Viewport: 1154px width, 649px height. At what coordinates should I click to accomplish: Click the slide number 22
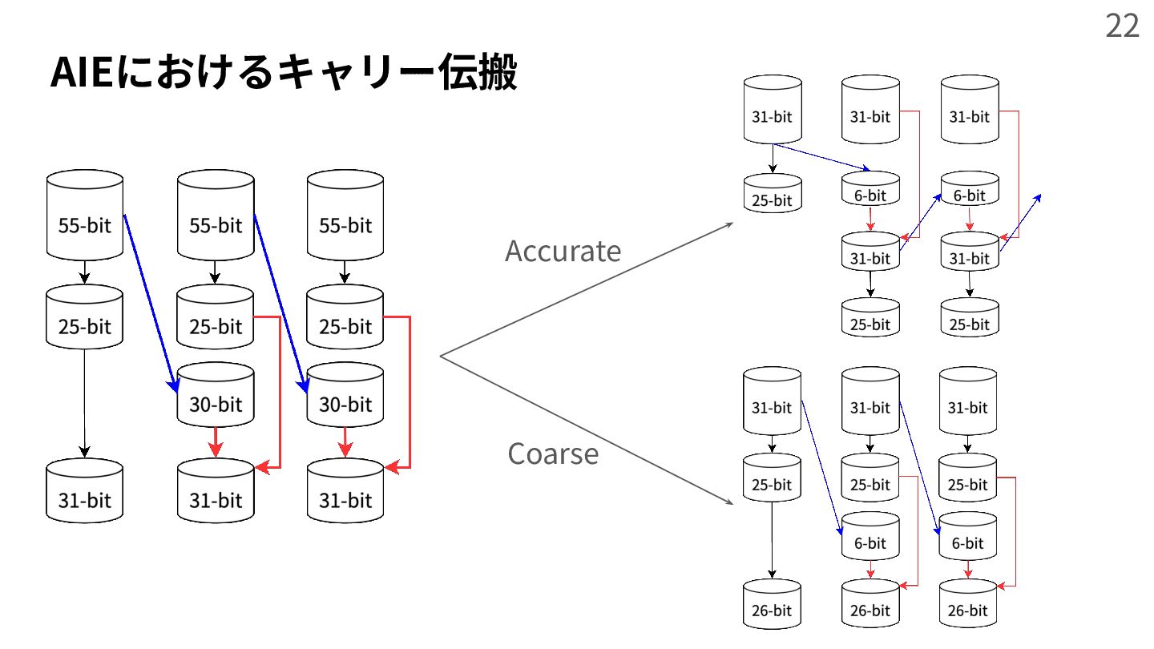pos(1122,26)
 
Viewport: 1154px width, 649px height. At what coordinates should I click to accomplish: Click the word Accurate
pos(563,252)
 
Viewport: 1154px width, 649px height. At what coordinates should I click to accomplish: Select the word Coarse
pos(553,454)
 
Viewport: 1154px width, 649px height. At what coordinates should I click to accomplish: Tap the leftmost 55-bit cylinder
pos(85,216)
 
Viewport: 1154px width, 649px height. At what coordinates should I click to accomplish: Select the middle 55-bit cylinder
pos(215,216)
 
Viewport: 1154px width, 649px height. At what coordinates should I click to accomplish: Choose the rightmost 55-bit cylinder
pos(345,216)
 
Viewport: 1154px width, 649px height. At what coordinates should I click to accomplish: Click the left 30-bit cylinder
pos(215,397)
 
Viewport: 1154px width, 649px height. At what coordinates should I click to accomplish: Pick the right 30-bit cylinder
pos(345,397)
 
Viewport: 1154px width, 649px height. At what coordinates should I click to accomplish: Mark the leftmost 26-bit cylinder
pos(772,605)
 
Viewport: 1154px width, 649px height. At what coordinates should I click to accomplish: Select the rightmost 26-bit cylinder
pos(967,605)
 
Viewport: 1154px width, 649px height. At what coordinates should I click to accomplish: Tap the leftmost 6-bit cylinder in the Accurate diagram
pos(870,191)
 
